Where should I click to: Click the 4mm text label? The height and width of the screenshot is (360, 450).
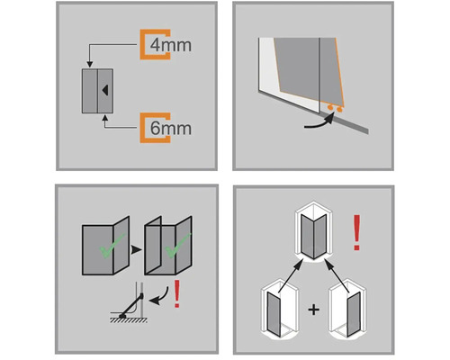(x=170, y=45)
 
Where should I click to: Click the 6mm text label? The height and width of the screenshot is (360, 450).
(x=170, y=128)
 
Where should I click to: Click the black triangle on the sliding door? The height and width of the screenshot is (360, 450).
(x=104, y=90)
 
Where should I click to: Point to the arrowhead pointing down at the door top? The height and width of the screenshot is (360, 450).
(x=90, y=65)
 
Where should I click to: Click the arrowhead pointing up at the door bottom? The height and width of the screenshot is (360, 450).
(x=104, y=117)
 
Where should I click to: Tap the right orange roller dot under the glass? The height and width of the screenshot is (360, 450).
(x=339, y=110)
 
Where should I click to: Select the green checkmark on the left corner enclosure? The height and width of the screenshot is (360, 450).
(x=112, y=247)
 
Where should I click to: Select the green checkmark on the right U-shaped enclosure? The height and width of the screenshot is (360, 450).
(x=177, y=246)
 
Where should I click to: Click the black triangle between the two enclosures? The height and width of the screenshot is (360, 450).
(x=136, y=249)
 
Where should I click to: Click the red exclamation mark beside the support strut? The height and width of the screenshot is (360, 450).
(x=177, y=293)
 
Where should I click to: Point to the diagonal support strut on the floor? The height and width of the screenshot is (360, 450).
(x=131, y=306)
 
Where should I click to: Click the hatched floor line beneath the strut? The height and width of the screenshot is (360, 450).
(x=129, y=320)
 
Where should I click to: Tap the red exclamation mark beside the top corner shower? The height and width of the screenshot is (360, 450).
(x=356, y=232)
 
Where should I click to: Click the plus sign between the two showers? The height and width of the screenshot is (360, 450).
(x=313, y=310)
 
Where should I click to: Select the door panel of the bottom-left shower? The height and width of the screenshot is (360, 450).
(x=274, y=314)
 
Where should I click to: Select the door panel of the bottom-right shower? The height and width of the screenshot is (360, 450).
(x=354, y=314)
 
